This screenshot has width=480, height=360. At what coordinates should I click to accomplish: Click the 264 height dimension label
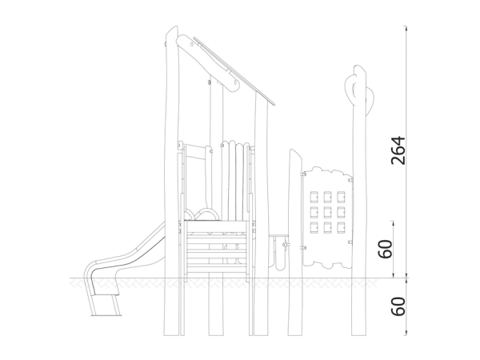point(398,150)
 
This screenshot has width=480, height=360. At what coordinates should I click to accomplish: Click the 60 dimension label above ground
point(386,249)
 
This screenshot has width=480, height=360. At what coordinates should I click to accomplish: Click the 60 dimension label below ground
point(398,306)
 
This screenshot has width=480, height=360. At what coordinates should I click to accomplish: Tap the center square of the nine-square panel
point(327,212)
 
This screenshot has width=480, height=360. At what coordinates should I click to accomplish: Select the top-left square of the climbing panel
point(314,197)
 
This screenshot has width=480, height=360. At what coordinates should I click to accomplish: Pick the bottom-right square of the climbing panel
point(341,227)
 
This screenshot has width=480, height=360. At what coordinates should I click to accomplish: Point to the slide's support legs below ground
point(105,305)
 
